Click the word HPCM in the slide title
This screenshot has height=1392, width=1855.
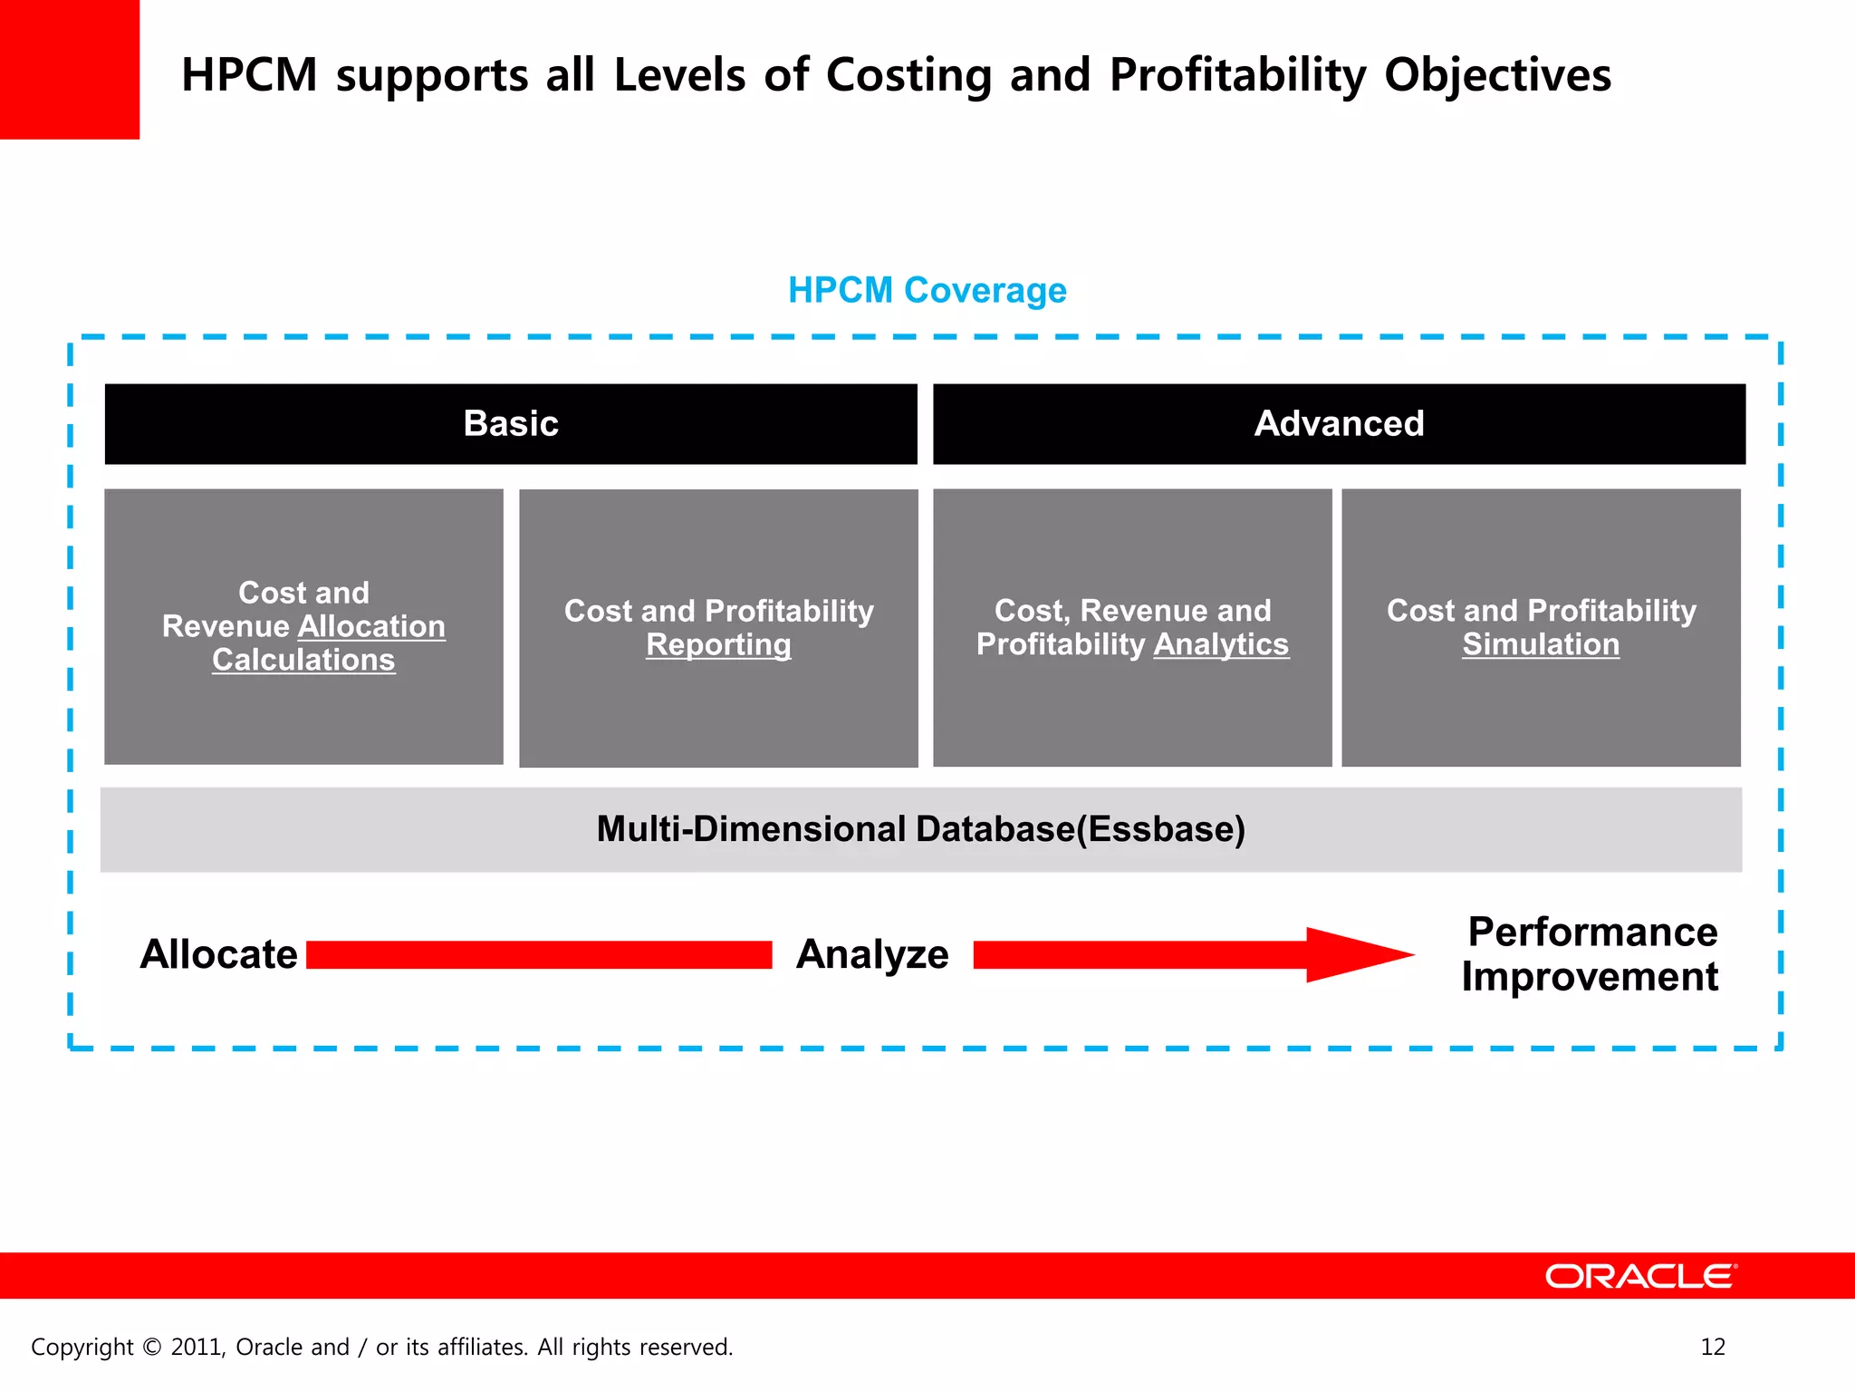tap(249, 74)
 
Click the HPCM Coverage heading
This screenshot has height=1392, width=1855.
tap(927, 290)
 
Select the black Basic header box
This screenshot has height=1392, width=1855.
tap(511, 423)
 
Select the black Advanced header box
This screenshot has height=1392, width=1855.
tap(1339, 423)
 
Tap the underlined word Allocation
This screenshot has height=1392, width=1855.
tap(371, 626)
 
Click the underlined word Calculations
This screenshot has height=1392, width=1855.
tap(303, 660)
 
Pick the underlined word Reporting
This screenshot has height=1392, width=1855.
tap(718, 644)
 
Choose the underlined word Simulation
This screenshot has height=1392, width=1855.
tap(1540, 644)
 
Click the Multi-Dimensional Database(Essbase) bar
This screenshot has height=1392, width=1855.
tap(920, 829)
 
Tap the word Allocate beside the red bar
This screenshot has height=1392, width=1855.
tap(218, 954)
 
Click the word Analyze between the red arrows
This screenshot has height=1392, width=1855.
tap(872, 954)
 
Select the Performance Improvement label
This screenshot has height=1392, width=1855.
tap(1591, 954)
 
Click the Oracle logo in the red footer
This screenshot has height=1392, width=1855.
tap(1640, 1276)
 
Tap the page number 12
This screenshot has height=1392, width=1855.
tap(1713, 1347)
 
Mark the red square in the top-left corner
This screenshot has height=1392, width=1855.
tap(69, 69)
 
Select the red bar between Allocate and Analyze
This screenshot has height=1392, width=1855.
tap(539, 954)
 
